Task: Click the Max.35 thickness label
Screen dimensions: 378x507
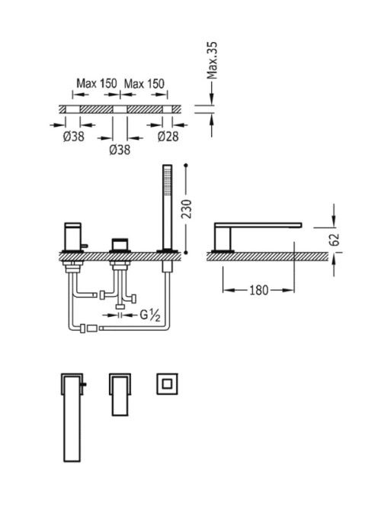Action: [212, 60]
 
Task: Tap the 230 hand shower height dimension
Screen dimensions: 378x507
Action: [187, 209]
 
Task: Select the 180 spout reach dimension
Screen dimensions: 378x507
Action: [259, 290]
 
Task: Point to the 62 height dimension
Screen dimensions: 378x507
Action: [336, 240]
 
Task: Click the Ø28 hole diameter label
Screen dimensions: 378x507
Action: [168, 137]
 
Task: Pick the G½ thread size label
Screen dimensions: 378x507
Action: [150, 315]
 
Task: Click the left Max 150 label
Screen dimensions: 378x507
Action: [97, 83]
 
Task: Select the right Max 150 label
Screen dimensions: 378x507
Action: [144, 84]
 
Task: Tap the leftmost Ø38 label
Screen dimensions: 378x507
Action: [74, 137]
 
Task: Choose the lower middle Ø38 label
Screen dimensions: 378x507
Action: [120, 150]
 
